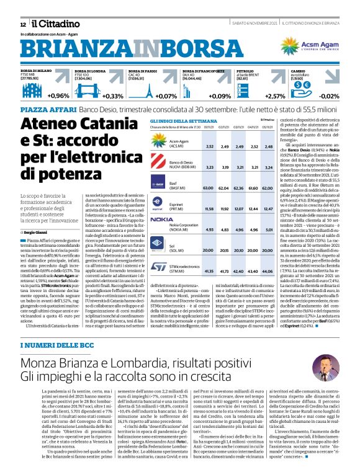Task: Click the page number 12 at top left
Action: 22,24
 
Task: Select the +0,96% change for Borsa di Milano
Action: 58,96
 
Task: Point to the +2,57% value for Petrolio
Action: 275,96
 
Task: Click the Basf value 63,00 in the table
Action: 209,187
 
